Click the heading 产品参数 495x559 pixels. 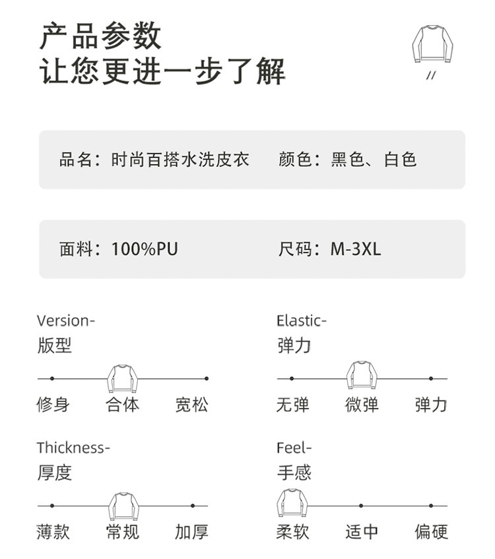pos(100,36)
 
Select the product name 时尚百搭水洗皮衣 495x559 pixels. pos(180,160)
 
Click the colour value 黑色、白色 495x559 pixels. pos(374,160)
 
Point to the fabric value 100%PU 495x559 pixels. pos(145,249)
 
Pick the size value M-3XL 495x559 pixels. pos(356,249)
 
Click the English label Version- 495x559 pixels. pos(66,321)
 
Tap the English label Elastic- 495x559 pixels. pos(302,321)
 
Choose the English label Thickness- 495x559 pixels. pos(73,447)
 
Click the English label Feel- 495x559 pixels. pos(294,447)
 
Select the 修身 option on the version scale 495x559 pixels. pos(53,405)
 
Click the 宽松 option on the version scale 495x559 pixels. pos(191,405)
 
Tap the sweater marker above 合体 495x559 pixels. pos(123,378)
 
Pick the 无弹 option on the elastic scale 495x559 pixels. pos(292,405)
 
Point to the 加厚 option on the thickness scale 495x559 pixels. pos(191,531)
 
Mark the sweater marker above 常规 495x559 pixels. pos(123,506)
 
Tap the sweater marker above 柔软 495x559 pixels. pos(292,503)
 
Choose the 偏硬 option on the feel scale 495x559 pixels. pos(431,531)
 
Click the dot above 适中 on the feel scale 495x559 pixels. pos(361,506)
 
